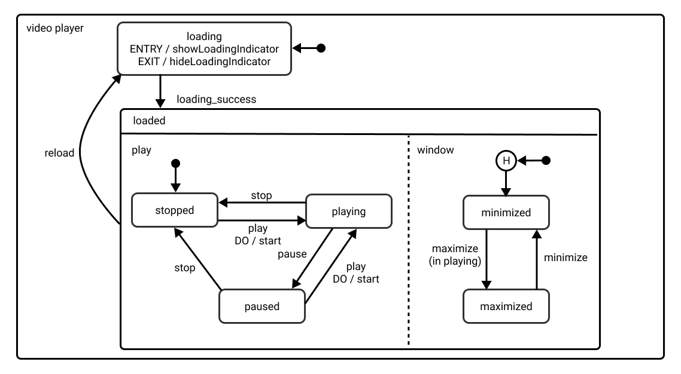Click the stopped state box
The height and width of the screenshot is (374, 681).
point(175,210)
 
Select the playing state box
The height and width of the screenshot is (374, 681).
point(348,211)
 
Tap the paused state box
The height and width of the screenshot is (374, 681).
point(262,306)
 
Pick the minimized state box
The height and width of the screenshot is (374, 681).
point(506,213)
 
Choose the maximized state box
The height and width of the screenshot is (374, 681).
point(506,306)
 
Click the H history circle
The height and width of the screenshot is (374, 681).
point(506,160)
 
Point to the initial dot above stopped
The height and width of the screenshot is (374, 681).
point(175,163)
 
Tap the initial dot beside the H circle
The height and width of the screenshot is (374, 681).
point(545,160)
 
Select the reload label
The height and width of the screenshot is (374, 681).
point(59,153)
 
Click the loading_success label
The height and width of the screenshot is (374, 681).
point(217,99)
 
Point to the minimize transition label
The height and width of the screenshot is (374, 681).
point(566,258)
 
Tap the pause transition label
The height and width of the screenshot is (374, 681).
point(292,254)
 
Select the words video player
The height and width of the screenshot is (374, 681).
point(55,29)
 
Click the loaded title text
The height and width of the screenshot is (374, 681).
point(149,120)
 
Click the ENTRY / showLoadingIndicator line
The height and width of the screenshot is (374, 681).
point(205,49)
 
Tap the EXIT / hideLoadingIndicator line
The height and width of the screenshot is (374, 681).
point(205,61)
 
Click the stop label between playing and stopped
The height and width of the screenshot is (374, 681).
point(261,195)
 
